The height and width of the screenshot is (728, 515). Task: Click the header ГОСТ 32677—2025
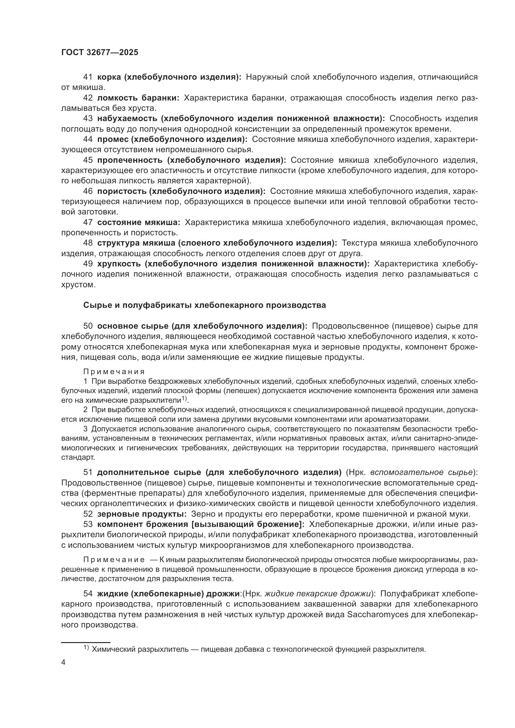click(100, 53)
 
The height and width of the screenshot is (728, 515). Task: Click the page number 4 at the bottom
click(64, 662)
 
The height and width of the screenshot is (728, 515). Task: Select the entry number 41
click(88, 77)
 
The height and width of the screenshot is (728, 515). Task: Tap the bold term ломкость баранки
click(138, 98)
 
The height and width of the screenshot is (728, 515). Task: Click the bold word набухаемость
click(127, 119)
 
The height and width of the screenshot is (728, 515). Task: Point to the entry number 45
click(88, 160)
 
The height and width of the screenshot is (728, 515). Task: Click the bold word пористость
click(122, 191)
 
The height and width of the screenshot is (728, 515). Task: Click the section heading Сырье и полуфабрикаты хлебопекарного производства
click(205, 305)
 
